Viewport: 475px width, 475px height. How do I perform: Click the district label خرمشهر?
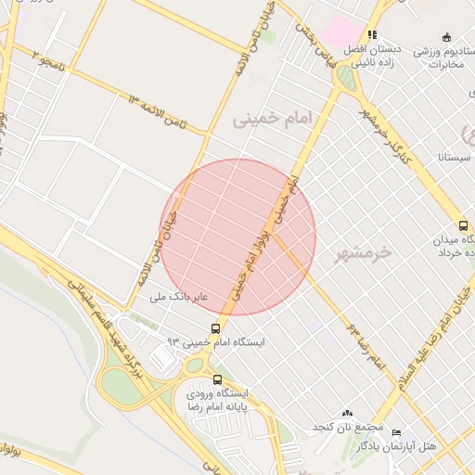(x=364, y=252)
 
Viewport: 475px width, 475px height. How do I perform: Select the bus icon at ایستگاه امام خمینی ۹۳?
(x=215, y=328)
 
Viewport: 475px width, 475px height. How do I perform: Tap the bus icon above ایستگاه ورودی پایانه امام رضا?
(x=218, y=379)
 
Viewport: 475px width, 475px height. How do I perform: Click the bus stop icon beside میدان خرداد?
(x=463, y=225)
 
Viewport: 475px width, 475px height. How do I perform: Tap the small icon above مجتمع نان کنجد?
(x=347, y=413)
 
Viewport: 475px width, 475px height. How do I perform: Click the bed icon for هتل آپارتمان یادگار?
(x=397, y=432)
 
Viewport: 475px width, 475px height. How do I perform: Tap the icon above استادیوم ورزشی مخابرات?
(x=446, y=38)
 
